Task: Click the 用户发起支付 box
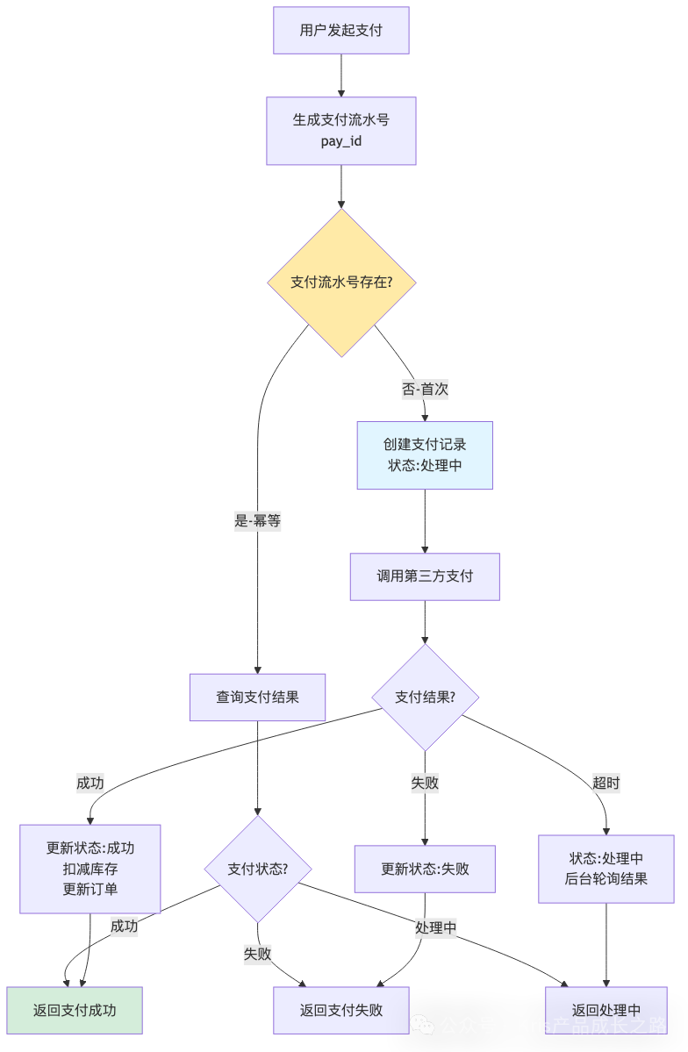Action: click(340, 31)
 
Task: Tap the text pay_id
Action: click(340, 140)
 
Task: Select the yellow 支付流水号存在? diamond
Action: click(340, 283)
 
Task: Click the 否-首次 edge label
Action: click(425, 390)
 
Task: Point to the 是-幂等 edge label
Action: click(257, 520)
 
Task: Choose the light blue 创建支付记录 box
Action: click(425, 454)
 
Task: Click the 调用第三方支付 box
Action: click(425, 576)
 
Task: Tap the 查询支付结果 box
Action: click(257, 698)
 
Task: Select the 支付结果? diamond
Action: click(425, 698)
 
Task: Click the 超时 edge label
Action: click(606, 784)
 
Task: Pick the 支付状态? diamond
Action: click(257, 869)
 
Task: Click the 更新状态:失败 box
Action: click(425, 869)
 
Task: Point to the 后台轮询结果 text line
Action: click(606, 878)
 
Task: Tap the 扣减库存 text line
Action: click(90, 869)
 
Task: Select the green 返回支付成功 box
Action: click(75, 1010)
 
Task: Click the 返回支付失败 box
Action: click(340, 1010)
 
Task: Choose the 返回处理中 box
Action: click(606, 1010)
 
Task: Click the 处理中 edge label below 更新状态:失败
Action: click(435, 927)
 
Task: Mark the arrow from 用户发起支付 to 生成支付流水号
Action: click(340, 75)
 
